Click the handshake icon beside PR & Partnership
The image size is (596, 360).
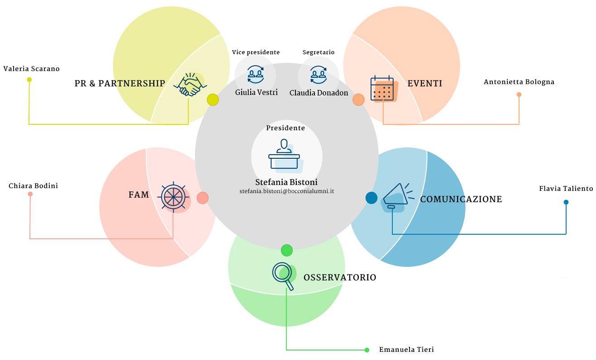coord(190,85)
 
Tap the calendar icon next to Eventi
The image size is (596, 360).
coord(382,89)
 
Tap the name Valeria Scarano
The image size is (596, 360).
coord(32,69)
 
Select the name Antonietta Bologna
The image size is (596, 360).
coord(519,82)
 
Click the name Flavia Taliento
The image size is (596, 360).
coord(566,189)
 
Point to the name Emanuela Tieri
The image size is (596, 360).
coord(406,350)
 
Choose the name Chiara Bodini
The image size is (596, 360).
coord(33,186)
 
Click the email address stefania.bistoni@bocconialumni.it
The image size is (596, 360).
coord(287,191)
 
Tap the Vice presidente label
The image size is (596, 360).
coord(256,52)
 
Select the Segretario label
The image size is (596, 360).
coord(319,52)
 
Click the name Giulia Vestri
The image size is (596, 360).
coord(257,92)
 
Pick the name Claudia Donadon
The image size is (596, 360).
coord(319,93)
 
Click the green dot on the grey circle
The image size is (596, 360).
coord(287,250)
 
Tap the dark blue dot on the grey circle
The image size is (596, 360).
coord(372,198)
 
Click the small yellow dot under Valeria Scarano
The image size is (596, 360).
coord(29,80)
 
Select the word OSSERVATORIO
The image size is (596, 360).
coord(340,277)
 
